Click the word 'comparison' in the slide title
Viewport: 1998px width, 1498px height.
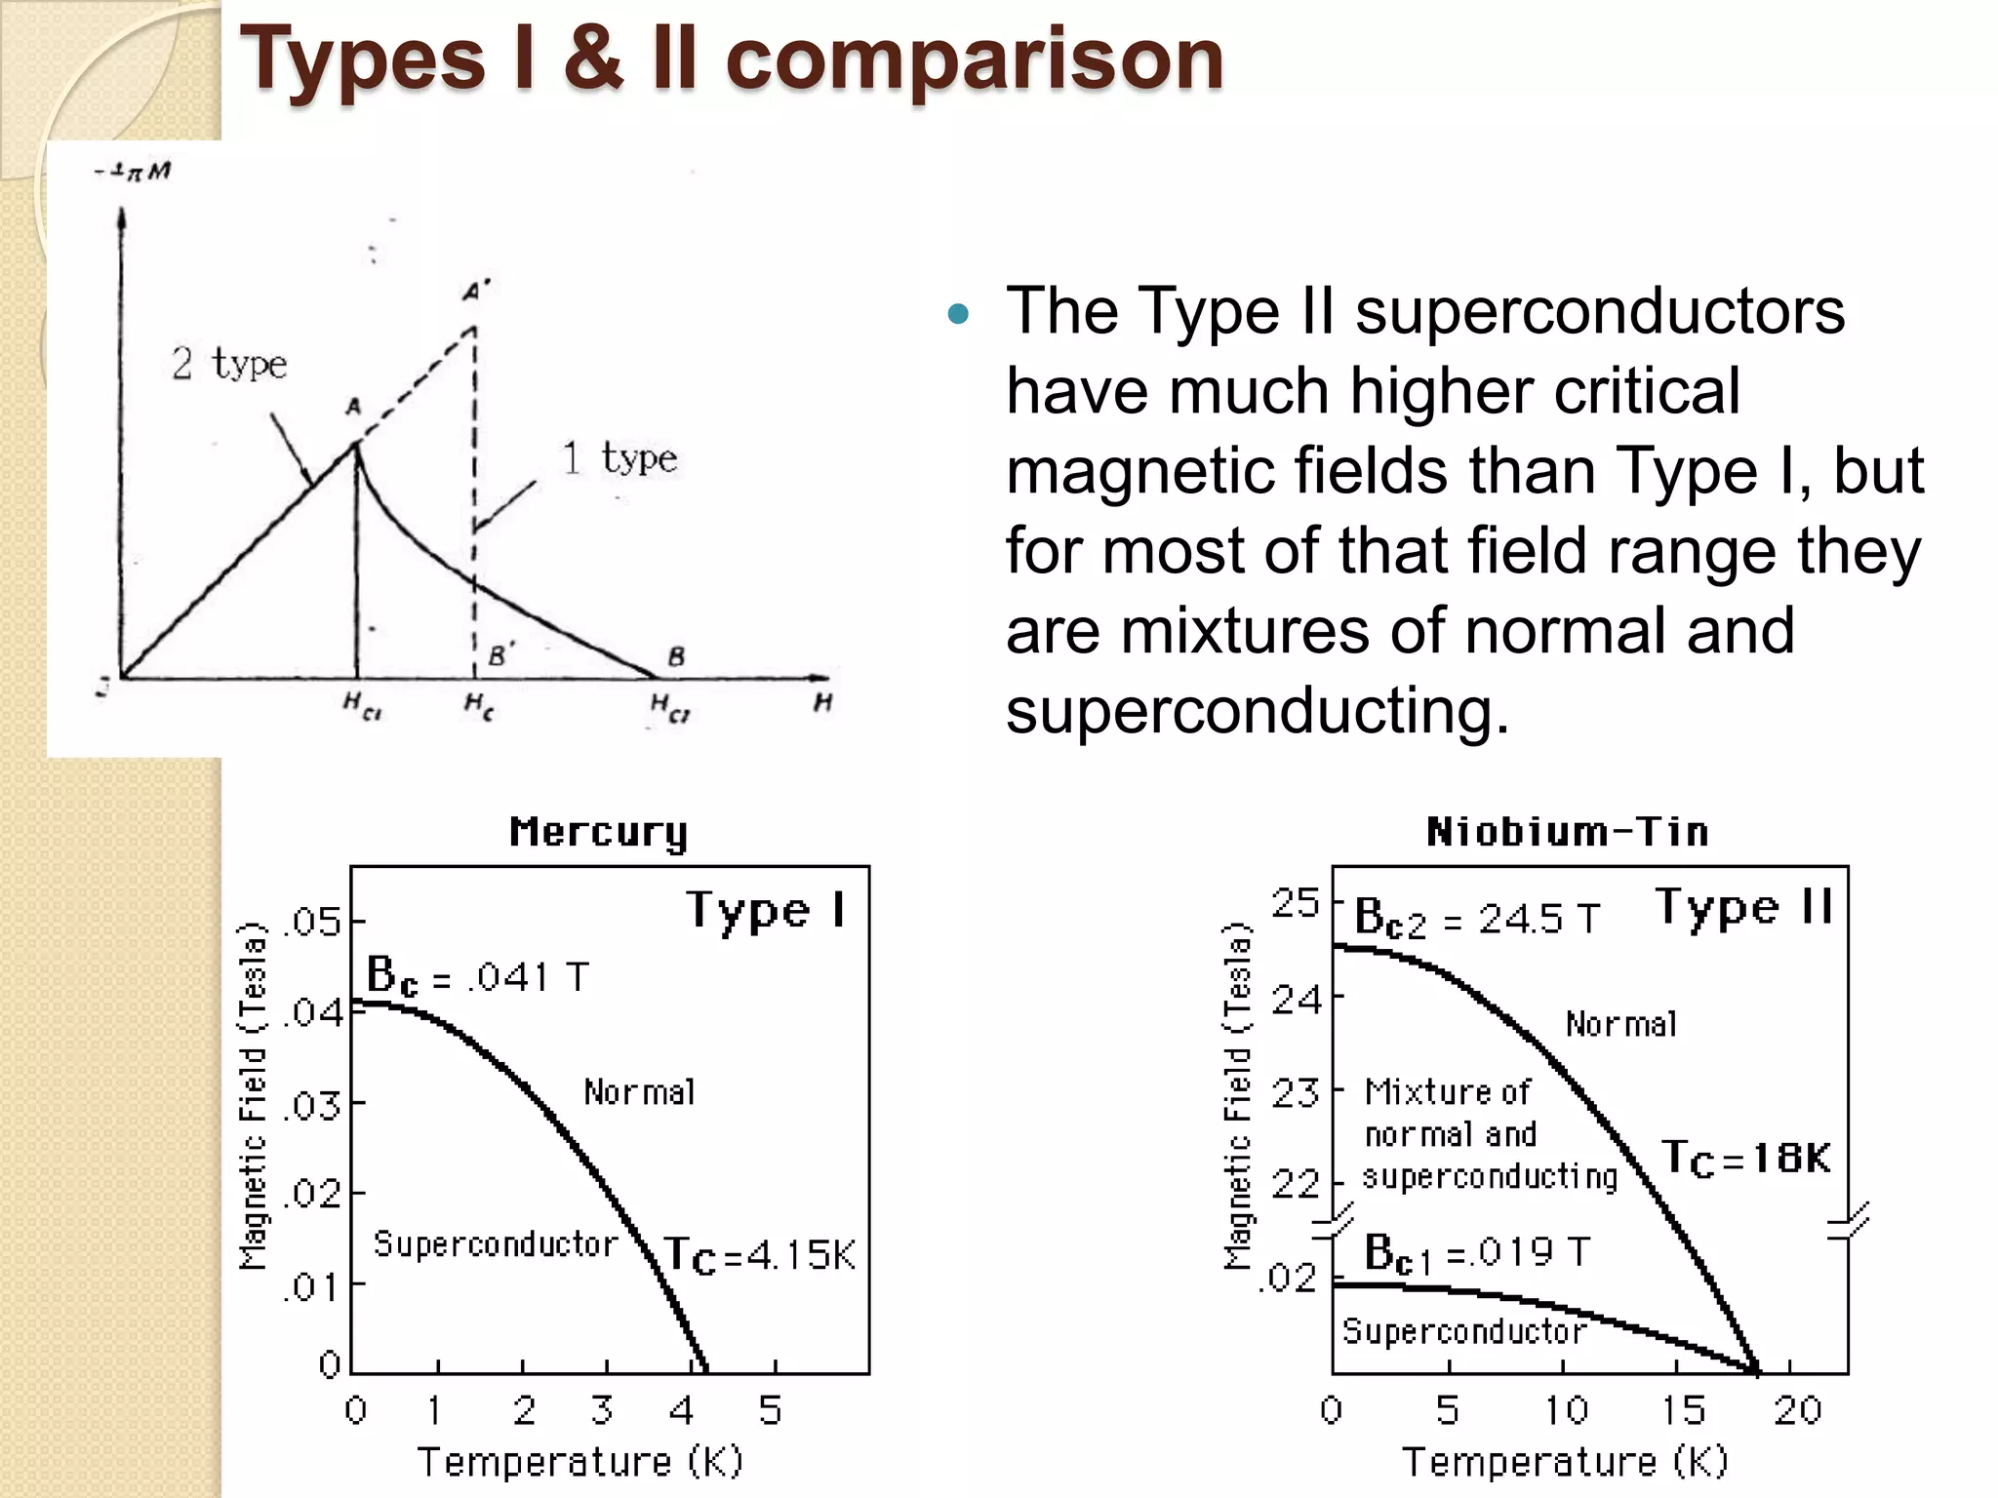click(974, 60)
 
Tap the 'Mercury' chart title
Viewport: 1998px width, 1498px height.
click(598, 833)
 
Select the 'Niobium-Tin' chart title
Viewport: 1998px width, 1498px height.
click(1567, 832)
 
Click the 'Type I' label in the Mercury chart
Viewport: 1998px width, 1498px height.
click(765, 911)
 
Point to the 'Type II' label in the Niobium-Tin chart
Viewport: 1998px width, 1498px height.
click(1744, 908)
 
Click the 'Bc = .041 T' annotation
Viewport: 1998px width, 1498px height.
click(477, 976)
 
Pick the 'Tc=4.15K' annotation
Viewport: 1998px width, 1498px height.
click(759, 1255)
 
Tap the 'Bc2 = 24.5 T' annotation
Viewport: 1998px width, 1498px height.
click(1477, 919)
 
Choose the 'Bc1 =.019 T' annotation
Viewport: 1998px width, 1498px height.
click(1476, 1253)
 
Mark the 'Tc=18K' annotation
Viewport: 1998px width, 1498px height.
click(1745, 1158)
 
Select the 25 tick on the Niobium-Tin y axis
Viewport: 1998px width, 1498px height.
click(1296, 904)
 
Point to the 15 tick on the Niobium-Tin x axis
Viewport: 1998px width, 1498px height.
click(1683, 1410)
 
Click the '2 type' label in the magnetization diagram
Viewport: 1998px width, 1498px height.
click(229, 365)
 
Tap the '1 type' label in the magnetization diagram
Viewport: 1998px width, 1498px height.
click(619, 458)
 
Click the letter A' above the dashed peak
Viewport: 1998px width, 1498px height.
click(476, 291)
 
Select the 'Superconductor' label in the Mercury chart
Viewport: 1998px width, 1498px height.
click(496, 1244)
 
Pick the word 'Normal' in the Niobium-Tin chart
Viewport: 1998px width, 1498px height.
click(1621, 1024)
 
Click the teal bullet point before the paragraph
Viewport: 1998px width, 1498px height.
click(958, 314)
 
